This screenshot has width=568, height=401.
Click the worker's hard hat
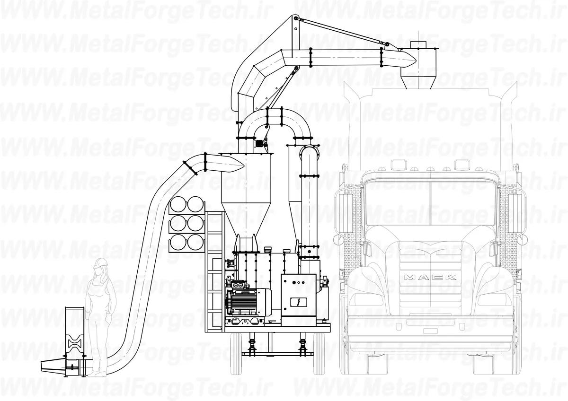[101, 263]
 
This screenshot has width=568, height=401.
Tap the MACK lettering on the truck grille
[430, 277]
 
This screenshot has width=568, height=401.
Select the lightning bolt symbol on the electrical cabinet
[299, 302]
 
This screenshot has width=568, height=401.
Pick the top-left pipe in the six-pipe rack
[178, 204]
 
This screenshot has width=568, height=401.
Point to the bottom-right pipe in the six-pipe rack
[195, 243]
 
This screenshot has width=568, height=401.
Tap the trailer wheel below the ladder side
[236, 354]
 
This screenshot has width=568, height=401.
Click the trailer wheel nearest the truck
[319, 354]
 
